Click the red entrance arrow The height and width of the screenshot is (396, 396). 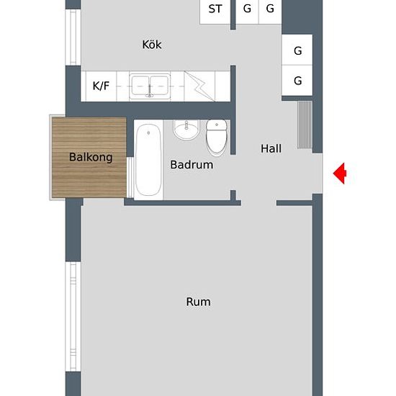340,174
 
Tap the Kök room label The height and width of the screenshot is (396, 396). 152,45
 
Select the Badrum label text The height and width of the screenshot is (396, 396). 192,165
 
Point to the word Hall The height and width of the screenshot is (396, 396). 271,148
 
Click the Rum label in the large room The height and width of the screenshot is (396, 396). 198,302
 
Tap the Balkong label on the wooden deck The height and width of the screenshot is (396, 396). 91,158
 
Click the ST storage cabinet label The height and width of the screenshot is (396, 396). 215,9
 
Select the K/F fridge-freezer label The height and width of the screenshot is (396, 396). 101,86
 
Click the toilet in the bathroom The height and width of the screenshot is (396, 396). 217,138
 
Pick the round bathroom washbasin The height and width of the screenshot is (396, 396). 186,130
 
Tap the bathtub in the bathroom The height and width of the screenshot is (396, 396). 148,160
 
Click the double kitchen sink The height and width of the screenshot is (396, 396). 150,86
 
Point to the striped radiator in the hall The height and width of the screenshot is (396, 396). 305,125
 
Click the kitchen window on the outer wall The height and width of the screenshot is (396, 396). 73,37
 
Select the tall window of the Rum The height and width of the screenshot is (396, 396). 73,317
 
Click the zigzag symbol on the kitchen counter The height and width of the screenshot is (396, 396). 199,86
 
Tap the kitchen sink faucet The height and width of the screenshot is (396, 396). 150,91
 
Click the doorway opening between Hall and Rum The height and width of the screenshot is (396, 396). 259,203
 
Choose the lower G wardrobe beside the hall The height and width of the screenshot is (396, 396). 297,81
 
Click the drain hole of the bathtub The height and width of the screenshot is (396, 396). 148,133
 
